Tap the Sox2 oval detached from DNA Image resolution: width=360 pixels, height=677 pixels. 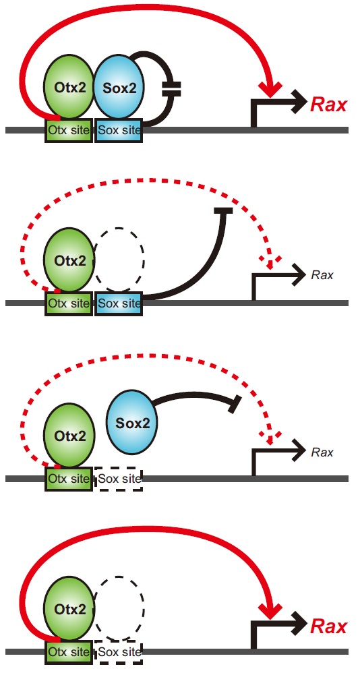pos(131,423)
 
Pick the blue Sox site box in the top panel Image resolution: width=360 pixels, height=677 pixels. pos(119,130)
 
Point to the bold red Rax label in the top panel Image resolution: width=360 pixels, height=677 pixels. pos(329,105)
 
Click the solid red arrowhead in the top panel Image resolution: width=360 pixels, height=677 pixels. pos(270,89)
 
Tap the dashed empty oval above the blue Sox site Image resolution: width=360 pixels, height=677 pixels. pos(119,260)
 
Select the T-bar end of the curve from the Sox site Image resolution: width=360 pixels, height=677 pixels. pos(223,210)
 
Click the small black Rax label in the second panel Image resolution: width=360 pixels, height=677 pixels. pos(322,275)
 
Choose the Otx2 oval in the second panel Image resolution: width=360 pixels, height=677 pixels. pos(69,260)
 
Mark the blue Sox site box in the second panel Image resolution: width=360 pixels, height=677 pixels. pos(119,303)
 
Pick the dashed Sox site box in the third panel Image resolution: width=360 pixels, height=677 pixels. pos(119,478)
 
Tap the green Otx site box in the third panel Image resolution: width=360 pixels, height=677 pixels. pos(69,478)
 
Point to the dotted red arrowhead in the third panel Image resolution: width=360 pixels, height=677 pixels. pos(270,438)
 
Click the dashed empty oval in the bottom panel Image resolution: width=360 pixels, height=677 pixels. pos(119,609)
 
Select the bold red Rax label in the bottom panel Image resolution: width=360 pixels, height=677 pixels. pos(329,626)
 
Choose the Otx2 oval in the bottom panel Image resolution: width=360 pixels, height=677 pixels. pos(69,609)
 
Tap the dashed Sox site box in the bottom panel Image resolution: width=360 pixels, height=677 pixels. pos(119,652)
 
